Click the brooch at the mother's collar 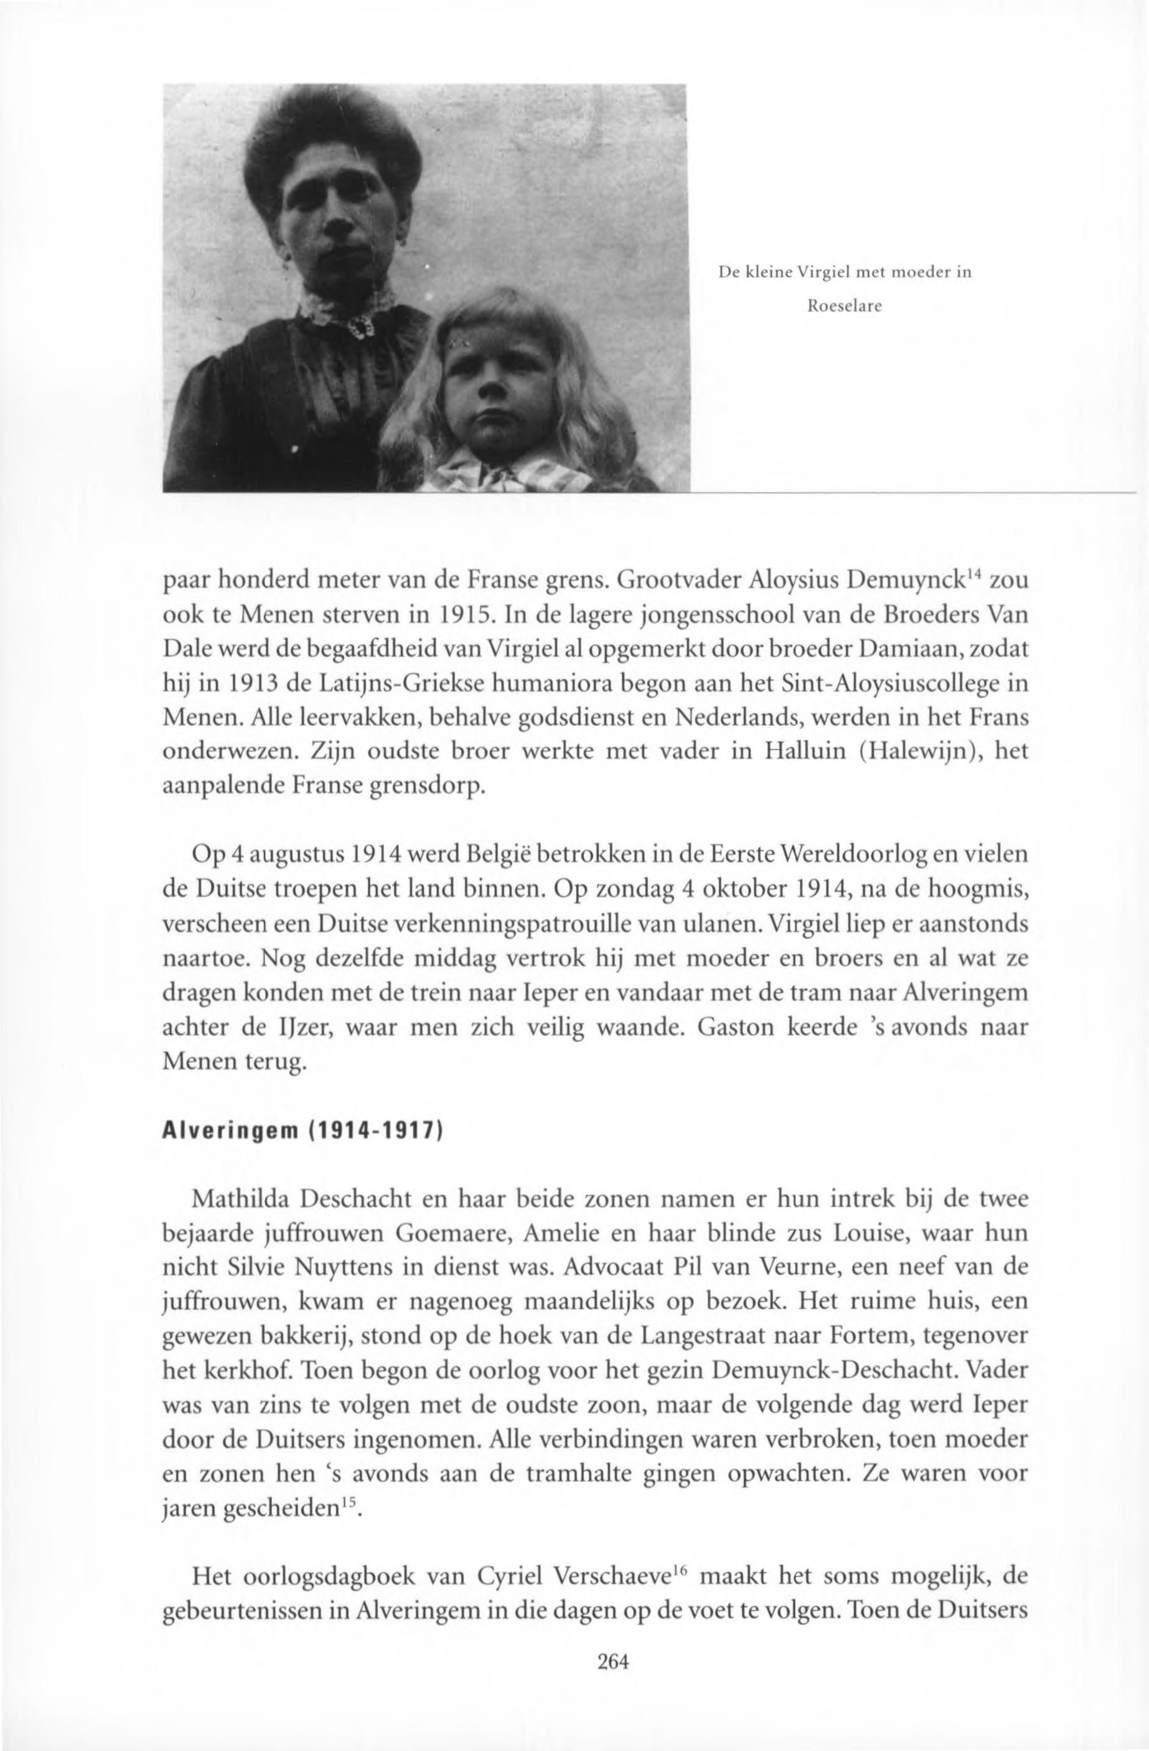click(x=360, y=324)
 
